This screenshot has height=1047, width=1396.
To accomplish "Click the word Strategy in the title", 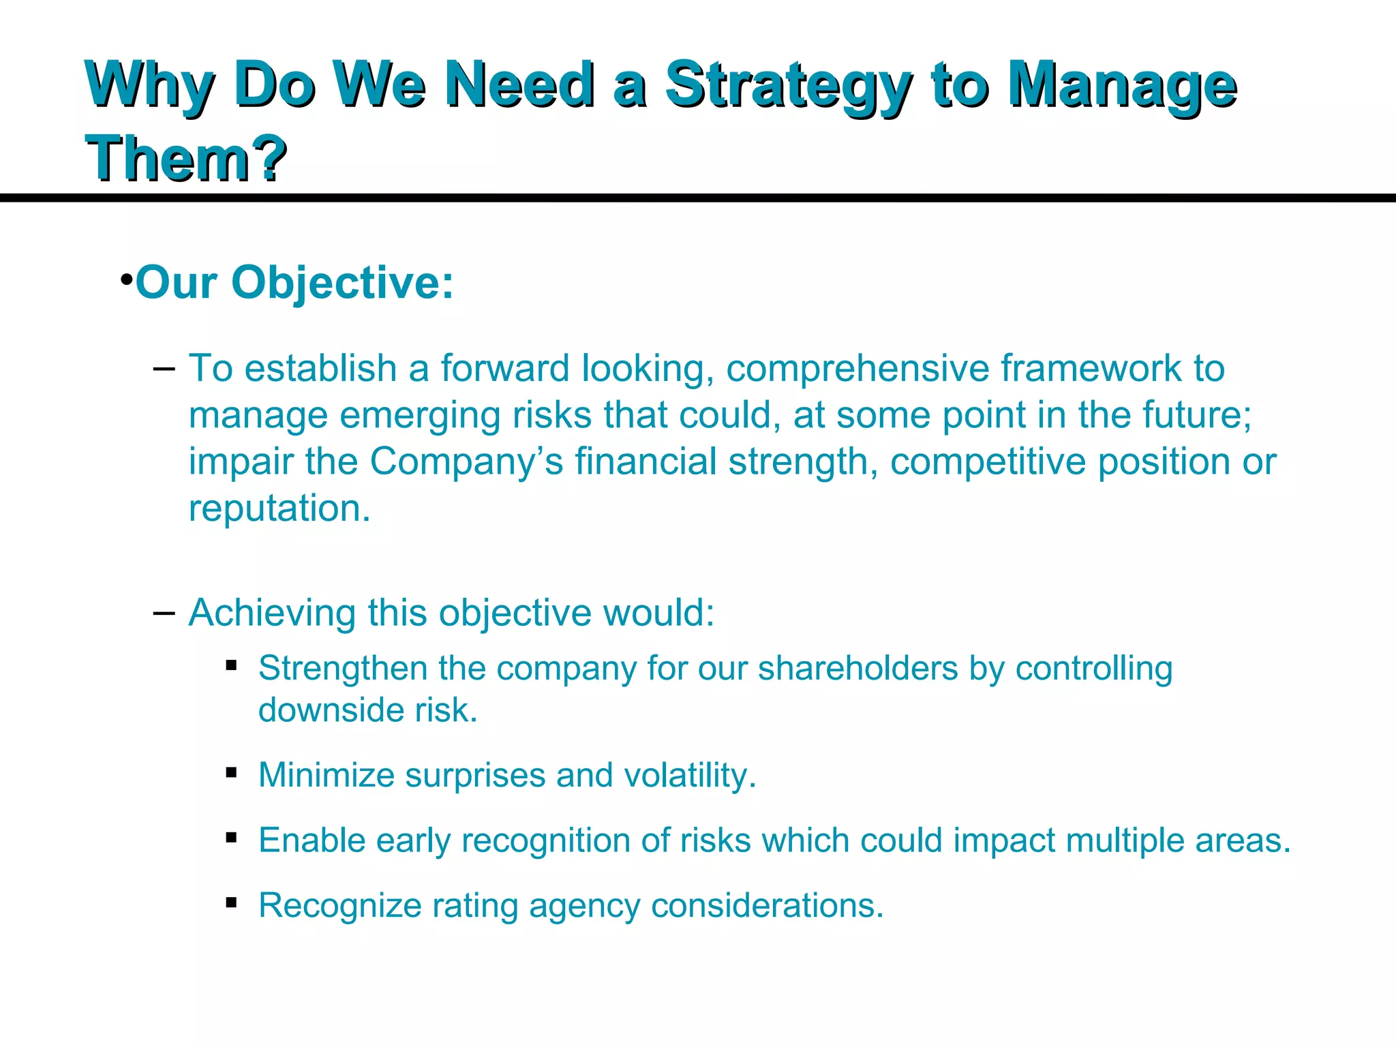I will pyautogui.click(x=787, y=87).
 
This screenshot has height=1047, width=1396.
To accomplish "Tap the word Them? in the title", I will pyautogui.click(x=185, y=158).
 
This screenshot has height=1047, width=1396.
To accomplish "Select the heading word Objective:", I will pyautogui.click(x=342, y=282).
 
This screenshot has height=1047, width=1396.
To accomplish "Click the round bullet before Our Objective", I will pyautogui.click(x=126, y=280).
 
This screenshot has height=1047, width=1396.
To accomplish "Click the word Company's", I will pyautogui.click(x=466, y=461).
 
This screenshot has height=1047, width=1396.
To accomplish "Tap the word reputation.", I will pyautogui.click(x=279, y=509).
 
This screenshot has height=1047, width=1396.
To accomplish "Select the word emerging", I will pyautogui.click(x=420, y=416).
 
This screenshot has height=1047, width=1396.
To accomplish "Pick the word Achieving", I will pyautogui.click(x=272, y=613).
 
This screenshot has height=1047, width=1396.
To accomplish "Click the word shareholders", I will pyautogui.click(x=858, y=668).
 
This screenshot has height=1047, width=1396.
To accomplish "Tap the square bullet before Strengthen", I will pyautogui.click(x=232, y=665).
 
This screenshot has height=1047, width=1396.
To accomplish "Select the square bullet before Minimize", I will pyautogui.click(x=232, y=772).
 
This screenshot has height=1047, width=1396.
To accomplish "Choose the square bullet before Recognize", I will pyautogui.click(x=232, y=902).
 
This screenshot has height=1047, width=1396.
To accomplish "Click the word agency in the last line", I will pyautogui.click(x=584, y=907).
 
